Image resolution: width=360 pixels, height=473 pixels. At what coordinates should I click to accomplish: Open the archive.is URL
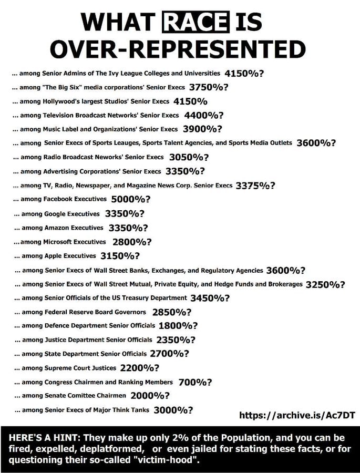click(297, 415)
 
